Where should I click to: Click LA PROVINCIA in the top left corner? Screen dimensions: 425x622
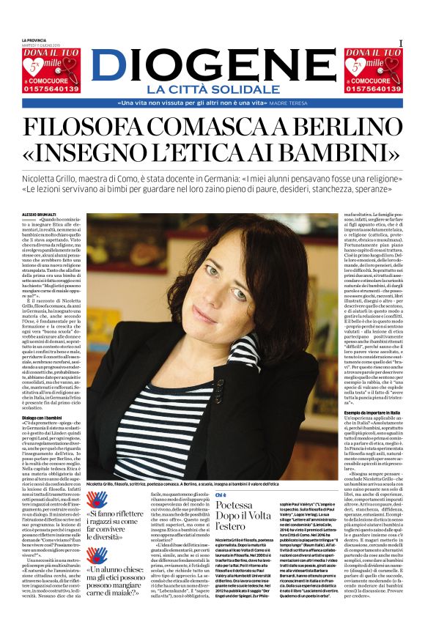click(34, 40)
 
